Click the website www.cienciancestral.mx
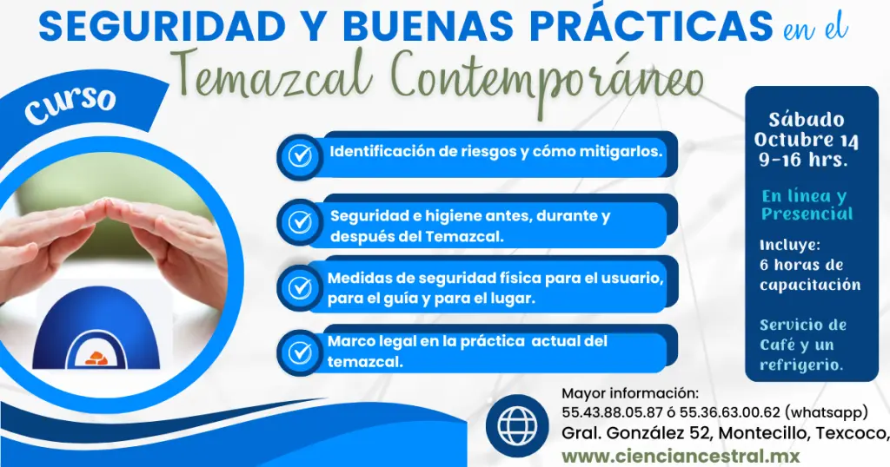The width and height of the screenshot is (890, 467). [x=680, y=456]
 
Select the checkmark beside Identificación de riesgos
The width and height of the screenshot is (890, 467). [x=300, y=156]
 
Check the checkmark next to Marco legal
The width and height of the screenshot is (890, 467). [x=300, y=352]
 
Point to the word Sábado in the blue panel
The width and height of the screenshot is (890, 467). [x=806, y=120]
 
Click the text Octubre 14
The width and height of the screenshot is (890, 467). [x=806, y=140]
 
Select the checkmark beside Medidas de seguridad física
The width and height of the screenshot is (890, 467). [x=300, y=286]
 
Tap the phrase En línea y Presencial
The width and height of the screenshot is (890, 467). [x=806, y=205]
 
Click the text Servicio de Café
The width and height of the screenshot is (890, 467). [x=802, y=334]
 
